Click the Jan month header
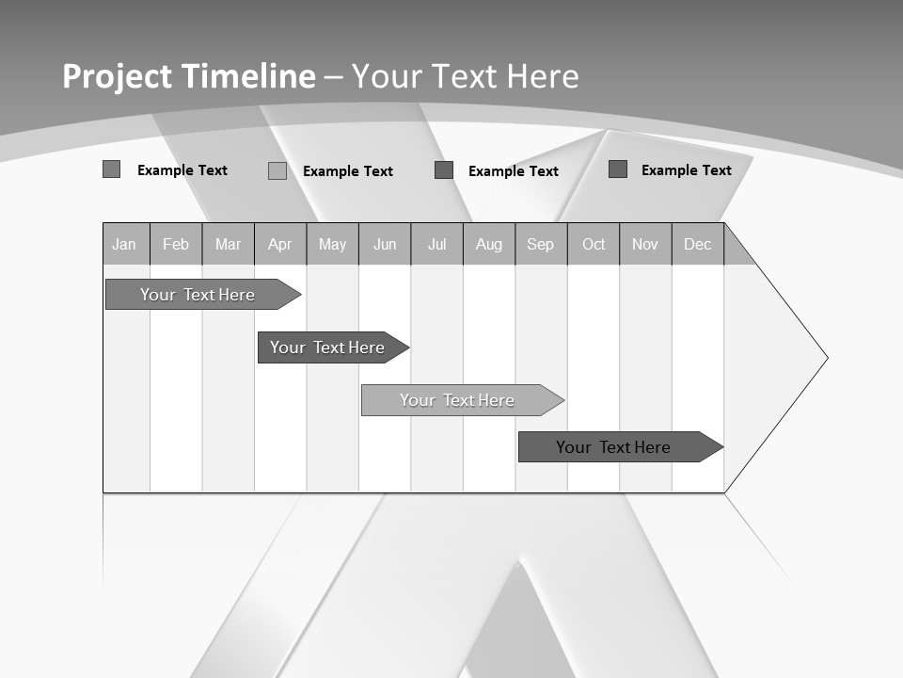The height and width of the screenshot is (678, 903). tap(125, 244)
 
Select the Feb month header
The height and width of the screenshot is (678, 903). tap(176, 244)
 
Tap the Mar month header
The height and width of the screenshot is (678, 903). tap(228, 244)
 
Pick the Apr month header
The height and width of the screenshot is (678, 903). tap(280, 244)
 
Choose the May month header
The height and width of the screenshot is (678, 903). tap(332, 244)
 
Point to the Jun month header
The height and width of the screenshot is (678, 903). tap(385, 244)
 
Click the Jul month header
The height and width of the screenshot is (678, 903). tap(436, 244)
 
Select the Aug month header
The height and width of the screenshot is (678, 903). tap(489, 244)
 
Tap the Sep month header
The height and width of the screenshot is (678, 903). tap(541, 244)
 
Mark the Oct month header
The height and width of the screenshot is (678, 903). tap(594, 244)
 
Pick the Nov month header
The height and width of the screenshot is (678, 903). tap(645, 244)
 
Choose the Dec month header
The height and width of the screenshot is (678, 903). tap(698, 244)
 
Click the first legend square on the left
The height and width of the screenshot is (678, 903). tap(111, 169)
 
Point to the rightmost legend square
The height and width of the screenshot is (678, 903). tap(618, 169)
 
